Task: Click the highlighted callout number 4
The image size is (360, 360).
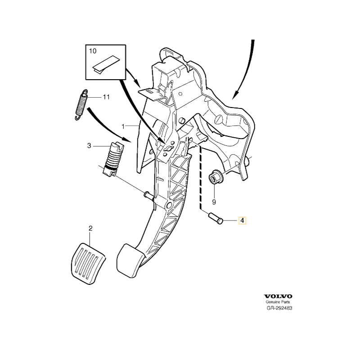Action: pyautogui.click(x=242, y=220)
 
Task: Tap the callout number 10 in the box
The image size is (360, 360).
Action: pyautogui.click(x=93, y=51)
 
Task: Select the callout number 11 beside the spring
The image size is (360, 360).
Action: pyautogui.click(x=106, y=97)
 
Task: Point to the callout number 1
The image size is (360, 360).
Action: pyautogui.click(x=123, y=126)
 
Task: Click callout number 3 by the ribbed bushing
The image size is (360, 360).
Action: pyautogui.click(x=89, y=146)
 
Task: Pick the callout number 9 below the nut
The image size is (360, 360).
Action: pyautogui.click(x=214, y=202)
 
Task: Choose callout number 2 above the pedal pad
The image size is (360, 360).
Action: pyautogui.click(x=90, y=228)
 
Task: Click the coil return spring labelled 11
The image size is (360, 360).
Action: pyautogui.click(x=81, y=104)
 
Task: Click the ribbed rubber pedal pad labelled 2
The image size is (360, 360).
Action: pyautogui.click(x=88, y=264)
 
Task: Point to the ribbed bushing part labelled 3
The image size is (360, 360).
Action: pyautogui.click(x=113, y=160)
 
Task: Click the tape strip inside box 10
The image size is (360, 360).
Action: pyautogui.click(x=106, y=64)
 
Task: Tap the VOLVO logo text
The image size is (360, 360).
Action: pyautogui.click(x=278, y=297)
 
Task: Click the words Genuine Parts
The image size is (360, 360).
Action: pyautogui.click(x=278, y=302)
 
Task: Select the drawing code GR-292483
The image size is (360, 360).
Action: pyautogui.click(x=279, y=308)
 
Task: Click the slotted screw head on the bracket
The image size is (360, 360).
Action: pyautogui.click(x=218, y=120)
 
